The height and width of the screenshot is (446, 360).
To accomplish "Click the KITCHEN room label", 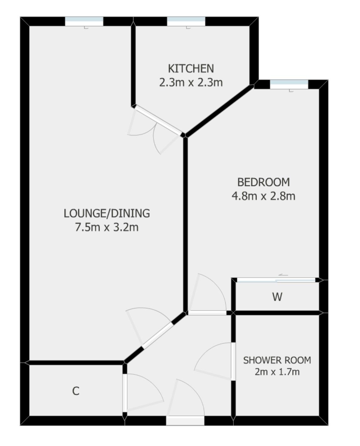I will tap(190, 68).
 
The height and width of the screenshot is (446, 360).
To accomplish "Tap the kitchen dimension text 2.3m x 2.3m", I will tap(190, 83).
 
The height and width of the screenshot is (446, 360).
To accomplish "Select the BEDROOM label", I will tap(263, 182).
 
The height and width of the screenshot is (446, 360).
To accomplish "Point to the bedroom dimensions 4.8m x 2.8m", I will tap(263, 196).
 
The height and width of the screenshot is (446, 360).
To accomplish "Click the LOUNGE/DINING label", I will tap(107, 213).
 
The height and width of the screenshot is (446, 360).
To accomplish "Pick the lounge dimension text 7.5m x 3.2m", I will tap(107, 227).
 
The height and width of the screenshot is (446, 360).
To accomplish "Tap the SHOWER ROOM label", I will tap(277, 360).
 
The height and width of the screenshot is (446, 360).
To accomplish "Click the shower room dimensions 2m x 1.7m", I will tap(277, 372).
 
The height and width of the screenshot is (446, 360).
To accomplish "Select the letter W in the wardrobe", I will tap(277, 297).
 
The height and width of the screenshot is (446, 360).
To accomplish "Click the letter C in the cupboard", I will tap(76, 391).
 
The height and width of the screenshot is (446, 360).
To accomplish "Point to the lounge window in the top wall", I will tap(84, 22).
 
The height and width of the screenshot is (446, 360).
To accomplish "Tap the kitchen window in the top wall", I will tap(186, 22).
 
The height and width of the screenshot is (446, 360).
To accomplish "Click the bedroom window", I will tap(289, 84).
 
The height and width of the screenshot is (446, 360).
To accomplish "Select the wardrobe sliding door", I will tap(276, 280).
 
